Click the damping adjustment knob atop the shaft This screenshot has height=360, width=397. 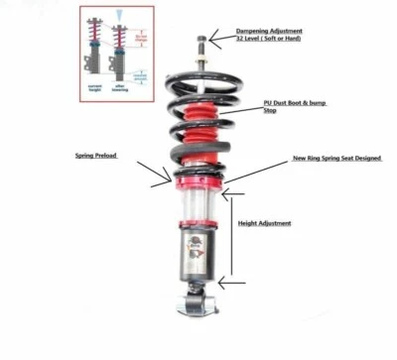tap(202, 43)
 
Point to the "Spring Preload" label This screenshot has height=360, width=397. tap(97, 156)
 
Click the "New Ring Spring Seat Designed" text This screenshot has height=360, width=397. tap(336, 158)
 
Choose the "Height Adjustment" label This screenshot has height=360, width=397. tap(264, 223)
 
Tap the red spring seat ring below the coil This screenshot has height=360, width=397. tap(198, 181)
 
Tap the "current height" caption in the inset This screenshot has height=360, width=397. tap(96, 89)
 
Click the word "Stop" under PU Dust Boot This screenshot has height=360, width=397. tap(269, 111)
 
